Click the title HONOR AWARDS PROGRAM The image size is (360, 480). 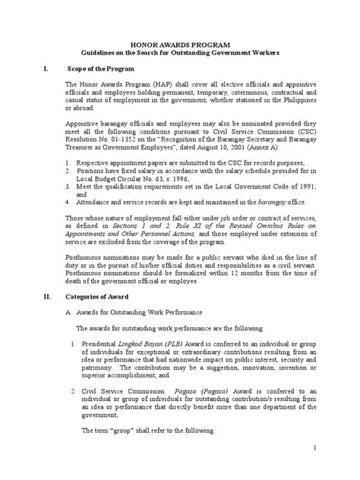click(x=179, y=46)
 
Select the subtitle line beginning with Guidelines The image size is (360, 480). click(x=179, y=55)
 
